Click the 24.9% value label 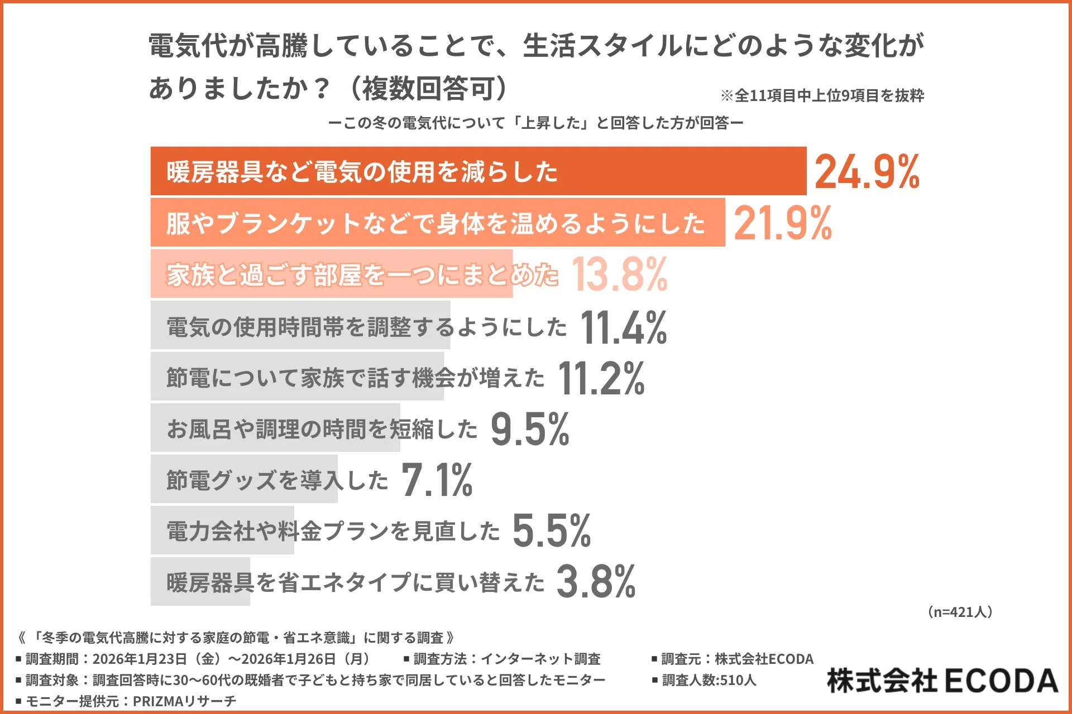pyautogui.click(x=867, y=172)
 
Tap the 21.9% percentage pyautogui.click(x=783, y=223)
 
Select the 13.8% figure pyautogui.click(x=620, y=274)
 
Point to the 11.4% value pyautogui.click(x=624, y=327)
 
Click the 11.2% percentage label pyautogui.click(x=601, y=378)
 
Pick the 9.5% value pyautogui.click(x=530, y=430)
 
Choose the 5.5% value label pyautogui.click(x=552, y=531)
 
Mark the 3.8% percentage pyautogui.click(x=596, y=582)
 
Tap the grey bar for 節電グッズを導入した pyautogui.click(x=244, y=479)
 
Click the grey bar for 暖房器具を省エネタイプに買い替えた pyautogui.click(x=200, y=582)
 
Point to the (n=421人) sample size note pyautogui.click(x=960, y=612)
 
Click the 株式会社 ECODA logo pyautogui.click(x=942, y=681)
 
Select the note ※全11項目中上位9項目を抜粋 pyautogui.click(x=822, y=96)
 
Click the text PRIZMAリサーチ pyautogui.click(x=184, y=701)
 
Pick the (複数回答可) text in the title pyautogui.click(x=428, y=88)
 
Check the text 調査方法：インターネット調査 pyautogui.click(x=502, y=659)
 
